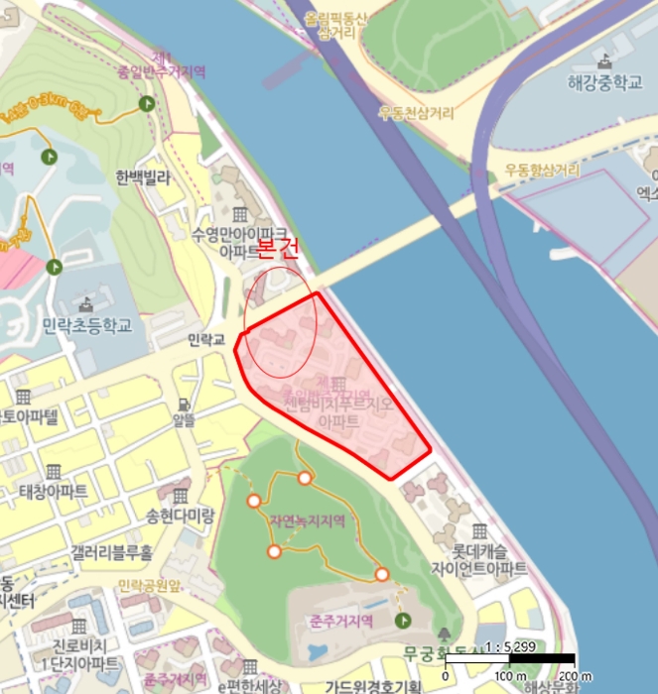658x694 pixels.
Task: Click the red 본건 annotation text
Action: click(278, 248)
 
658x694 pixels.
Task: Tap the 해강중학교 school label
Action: click(599, 82)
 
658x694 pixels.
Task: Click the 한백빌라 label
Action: click(144, 178)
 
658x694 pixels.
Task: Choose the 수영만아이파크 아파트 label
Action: click(238, 242)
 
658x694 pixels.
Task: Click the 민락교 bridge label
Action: click(208, 340)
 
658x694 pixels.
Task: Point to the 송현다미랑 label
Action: click(180, 517)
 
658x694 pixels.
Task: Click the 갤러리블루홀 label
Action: click(112, 551)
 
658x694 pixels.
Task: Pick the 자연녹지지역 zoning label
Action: click(307, 520)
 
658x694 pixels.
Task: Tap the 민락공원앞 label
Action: click(148, 584)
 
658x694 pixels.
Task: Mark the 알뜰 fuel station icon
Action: click(186, 405)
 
